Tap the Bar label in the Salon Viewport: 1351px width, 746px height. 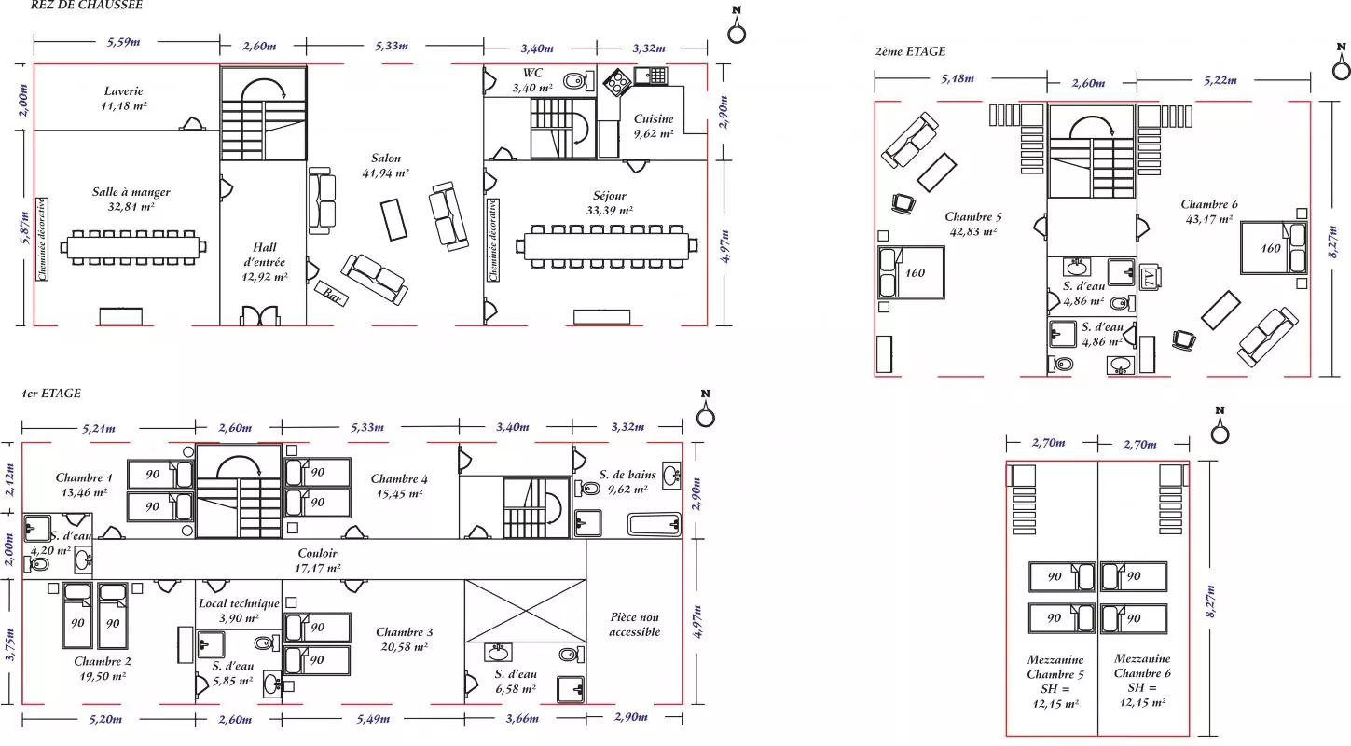point(331,295)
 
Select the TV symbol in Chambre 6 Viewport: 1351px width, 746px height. point(1150,277)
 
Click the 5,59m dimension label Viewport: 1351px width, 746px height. point(124,42)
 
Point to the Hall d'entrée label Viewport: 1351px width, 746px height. point(264,262)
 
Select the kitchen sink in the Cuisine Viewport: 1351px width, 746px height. point(651,76)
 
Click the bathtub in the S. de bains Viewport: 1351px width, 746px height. point(655,524)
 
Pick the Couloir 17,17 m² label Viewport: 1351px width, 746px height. point(317,560)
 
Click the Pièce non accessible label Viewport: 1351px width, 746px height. point(635,624)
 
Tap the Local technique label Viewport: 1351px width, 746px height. point(239,603)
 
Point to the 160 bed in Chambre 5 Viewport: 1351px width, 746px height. point(911,272)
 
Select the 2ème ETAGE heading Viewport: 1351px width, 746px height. point(910,51)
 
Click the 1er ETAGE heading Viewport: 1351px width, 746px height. point(52,394)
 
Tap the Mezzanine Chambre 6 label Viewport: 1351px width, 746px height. point(1142,666)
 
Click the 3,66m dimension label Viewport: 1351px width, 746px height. point(522,718)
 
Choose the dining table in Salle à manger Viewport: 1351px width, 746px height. point(133,247)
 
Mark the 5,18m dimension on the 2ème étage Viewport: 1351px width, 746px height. point(958,78)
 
